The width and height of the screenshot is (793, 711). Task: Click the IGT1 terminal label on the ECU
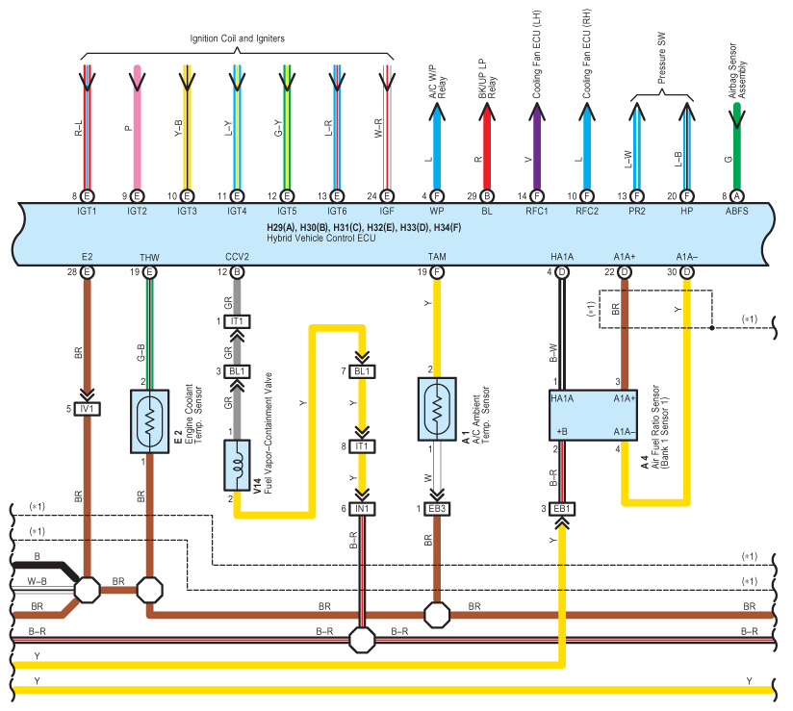tap(87, 211)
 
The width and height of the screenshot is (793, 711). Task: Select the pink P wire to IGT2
tap(137, 127)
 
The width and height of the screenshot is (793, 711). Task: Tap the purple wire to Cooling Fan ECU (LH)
tap(537, 146)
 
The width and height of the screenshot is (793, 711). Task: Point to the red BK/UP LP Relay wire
tap(487, 146)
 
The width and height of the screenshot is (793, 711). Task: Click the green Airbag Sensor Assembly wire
tap(737, 146)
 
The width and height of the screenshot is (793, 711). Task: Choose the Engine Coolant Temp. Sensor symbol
tap(150, 421)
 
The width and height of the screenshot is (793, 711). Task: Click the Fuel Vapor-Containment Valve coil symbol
tap(237, 465)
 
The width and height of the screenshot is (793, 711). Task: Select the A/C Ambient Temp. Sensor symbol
tap(437, 409)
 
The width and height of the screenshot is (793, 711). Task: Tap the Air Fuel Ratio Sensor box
tap(593, 416)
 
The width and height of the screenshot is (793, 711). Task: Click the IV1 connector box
tap(87, 409)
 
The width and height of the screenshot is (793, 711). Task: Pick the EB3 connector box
tap(437, 509)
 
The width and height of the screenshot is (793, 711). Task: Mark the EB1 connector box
tap(562, 509)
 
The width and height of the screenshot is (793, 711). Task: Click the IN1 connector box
tap(362, 509)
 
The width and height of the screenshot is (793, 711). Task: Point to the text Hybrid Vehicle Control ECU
tap(321, 239)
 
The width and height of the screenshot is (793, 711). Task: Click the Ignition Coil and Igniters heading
tap(237, 38)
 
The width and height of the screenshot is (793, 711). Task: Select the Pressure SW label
tap(661, 58)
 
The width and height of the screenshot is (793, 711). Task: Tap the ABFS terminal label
tap(736, 211)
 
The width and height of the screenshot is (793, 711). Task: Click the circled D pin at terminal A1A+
tap(624, 272)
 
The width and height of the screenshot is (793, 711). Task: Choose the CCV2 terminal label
tap(237, 257)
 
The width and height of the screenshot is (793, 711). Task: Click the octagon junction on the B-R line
tap(362, 640)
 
